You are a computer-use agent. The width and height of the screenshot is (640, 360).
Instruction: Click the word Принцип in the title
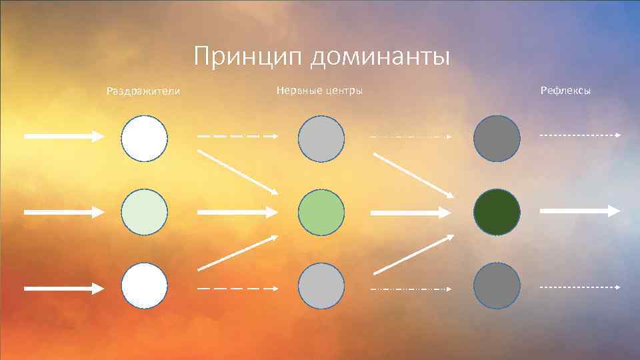click(x=247, y=57)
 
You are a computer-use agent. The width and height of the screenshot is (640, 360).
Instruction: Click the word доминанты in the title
click(x=378, y=57)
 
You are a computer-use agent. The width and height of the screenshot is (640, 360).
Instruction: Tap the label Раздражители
click(x=143, y=91)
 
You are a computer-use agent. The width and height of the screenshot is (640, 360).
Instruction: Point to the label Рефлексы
click(x=566, y=90)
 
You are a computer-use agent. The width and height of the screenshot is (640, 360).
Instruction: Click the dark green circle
click(x=497, y=212)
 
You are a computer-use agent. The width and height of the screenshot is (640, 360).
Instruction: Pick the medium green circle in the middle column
click(x=321, y=212)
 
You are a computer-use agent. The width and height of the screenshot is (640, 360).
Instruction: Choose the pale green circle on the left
click(x=145, y=212)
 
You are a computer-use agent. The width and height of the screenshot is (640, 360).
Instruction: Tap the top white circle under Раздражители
click(x=145, y=138)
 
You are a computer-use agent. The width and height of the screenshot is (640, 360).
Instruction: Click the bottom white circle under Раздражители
click(x=145, y=286)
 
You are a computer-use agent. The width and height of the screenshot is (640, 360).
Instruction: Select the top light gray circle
click(x=321, y=139)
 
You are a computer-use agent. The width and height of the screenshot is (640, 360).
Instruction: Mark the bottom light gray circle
click(x=321, y=286)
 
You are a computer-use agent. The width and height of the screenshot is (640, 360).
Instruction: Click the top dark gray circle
click(x=497, y=139)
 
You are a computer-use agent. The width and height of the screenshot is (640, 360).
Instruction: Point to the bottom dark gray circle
click(x=497, y=286)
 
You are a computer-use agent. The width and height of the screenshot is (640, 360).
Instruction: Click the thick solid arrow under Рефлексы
click(x=579, y=211)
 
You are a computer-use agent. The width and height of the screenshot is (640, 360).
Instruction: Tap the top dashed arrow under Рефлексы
click(x=579, y=135)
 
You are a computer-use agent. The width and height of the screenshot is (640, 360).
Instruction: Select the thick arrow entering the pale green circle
click(x=64, y=211)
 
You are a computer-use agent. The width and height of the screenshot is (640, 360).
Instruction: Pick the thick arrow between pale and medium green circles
click(x=237, y=212)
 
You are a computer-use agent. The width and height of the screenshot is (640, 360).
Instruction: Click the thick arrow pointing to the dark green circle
click(x=411, y=213)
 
